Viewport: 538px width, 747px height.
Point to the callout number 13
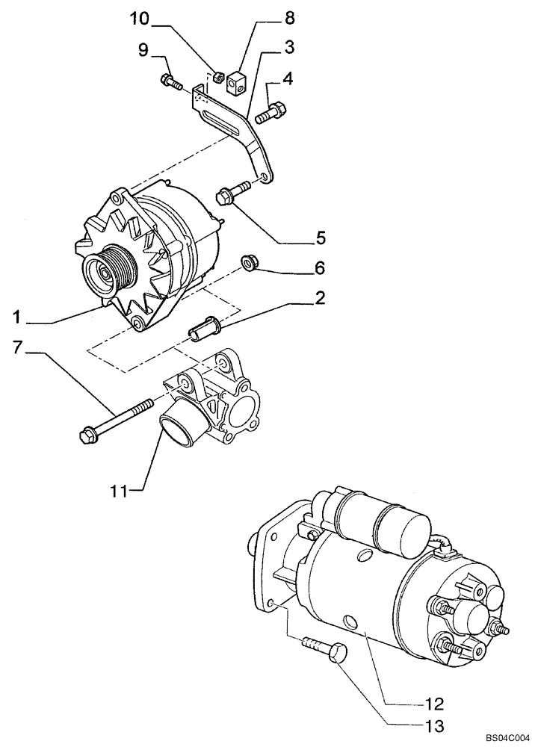[434, 725]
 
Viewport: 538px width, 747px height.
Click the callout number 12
[434, 704]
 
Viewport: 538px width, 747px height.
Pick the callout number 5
[319, 238]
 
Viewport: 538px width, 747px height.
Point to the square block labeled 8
[238, 80]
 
